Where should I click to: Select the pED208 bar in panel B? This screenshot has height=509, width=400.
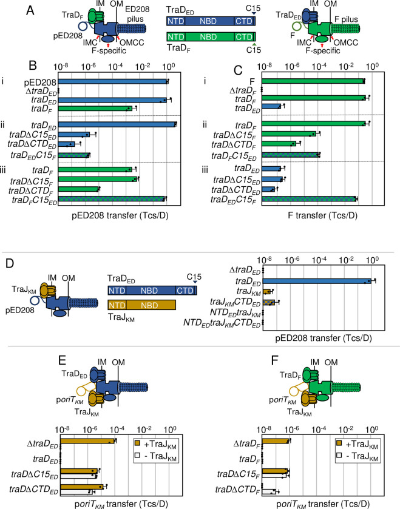tap(113, 81)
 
